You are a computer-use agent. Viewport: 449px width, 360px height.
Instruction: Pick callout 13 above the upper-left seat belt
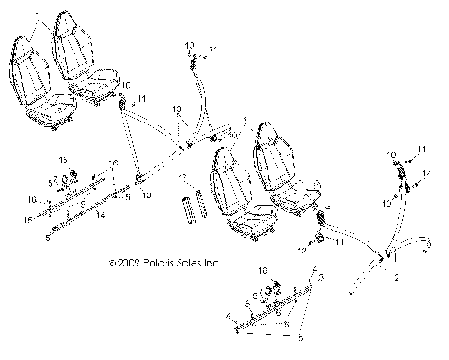pyautogui.click(x=176, y=109)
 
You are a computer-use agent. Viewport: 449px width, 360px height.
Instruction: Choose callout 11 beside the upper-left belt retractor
pyautogui.click(x=142, y=98)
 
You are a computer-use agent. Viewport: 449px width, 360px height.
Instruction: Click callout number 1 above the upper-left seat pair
pyautogui.click(x=39, y=15)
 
